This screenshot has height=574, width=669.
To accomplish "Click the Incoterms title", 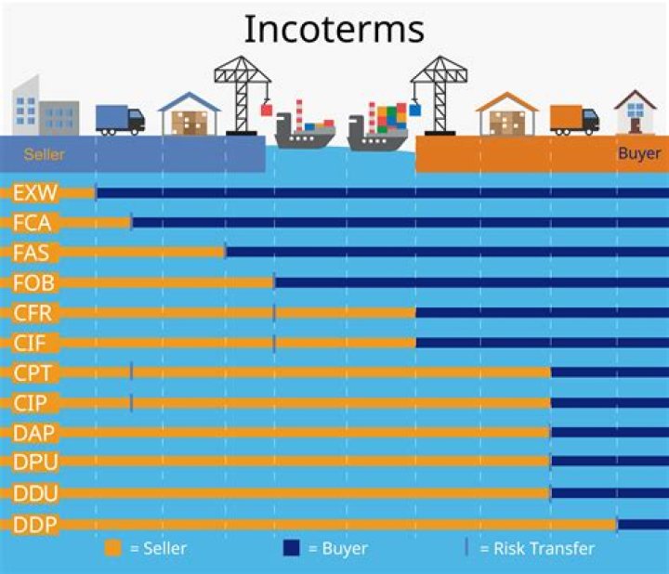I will pos(334,29).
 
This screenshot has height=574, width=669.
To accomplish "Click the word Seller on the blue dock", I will pos(44,154).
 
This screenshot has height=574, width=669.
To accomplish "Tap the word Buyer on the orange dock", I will pos(639,153).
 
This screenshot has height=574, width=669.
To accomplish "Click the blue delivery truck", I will pos(120,119).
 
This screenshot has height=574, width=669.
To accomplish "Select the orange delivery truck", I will pos(574,119).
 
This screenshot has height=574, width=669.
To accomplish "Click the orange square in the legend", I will pos(113,548).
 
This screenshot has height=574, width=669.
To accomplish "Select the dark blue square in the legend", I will pos(291,548).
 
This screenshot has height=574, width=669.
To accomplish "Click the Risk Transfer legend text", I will pos(536,548).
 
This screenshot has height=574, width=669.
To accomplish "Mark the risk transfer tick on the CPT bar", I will pos(131,372).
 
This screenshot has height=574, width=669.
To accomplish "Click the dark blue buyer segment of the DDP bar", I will pos(642,525).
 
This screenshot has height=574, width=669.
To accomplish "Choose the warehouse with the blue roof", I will pos(190,114).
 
